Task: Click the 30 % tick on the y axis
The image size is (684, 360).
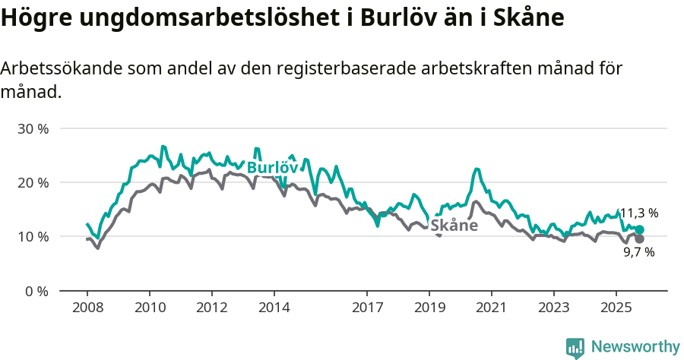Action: tap(33, 129)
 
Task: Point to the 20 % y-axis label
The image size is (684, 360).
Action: tap(33, 183)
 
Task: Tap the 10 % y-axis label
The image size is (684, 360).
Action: tap(33, 237)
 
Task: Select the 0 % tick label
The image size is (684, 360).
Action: tap(36, 291)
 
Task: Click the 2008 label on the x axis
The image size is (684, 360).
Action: tap(87, 308)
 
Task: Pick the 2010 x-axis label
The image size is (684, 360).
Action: tap(150, 308)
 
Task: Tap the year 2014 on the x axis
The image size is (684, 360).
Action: tap(274, 308)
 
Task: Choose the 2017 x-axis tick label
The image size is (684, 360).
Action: tap(367, 308)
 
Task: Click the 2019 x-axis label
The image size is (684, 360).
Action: tap(429, 308)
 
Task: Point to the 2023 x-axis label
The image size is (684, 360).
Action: tap(553, 308)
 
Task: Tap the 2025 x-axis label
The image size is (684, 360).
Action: tap(616, 308)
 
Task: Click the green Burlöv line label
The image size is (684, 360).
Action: tap(272, 168)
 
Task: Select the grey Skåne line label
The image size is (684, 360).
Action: tap(454, 226)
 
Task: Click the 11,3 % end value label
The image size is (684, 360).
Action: tap(639, 213)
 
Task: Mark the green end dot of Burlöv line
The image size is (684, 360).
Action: tap(639, 230)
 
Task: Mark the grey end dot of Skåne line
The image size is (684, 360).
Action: tap(639, 239)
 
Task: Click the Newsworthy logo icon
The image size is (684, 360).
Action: tap(575, 347)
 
